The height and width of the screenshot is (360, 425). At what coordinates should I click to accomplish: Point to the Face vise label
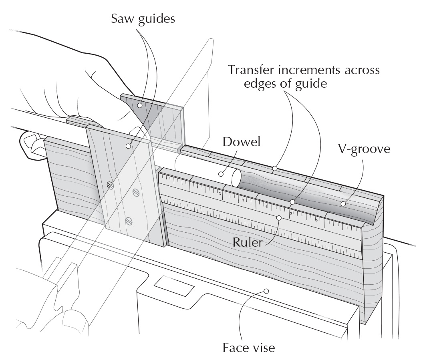(248, 347)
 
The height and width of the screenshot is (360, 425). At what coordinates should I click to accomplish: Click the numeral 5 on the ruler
(291, 213)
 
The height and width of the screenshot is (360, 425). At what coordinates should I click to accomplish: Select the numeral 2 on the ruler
(220, 193)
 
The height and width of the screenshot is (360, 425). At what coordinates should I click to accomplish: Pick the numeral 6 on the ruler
(316, 220)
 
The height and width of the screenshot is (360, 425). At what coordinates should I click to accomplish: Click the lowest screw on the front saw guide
(129, 220)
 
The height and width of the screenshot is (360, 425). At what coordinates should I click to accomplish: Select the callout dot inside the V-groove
(343, 204)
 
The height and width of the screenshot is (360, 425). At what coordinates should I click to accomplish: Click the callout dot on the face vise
(266, 291)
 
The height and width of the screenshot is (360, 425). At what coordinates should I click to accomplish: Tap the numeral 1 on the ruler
(197, 187)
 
